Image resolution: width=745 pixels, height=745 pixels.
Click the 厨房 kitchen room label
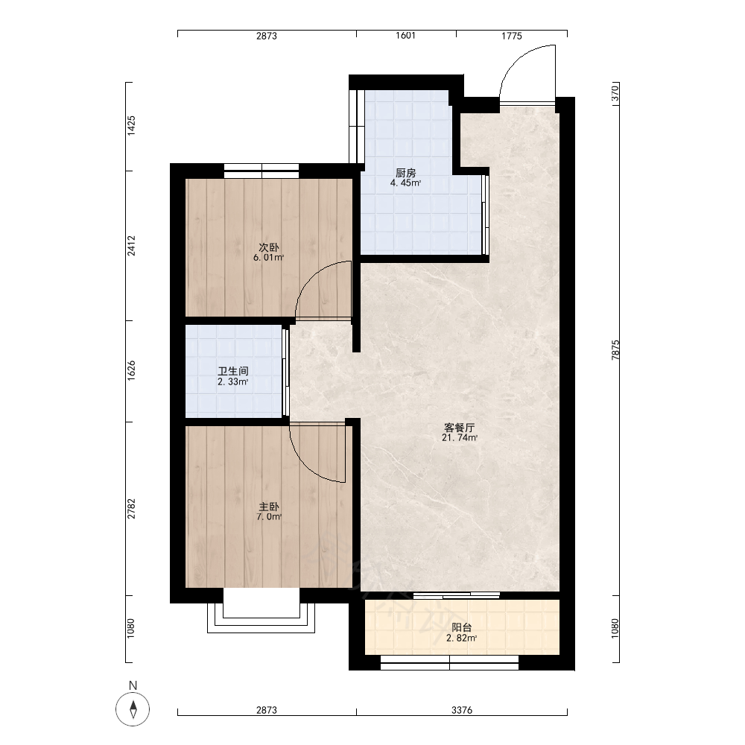(x=406, y=173)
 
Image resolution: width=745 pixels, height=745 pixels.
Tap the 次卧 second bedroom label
(x=269, y=247)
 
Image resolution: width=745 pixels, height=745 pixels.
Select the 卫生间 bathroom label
(x=232, y=371)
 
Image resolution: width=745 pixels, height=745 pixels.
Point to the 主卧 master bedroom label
(x=269, y=507)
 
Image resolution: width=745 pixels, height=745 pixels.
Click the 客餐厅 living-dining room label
(x=460, y=428)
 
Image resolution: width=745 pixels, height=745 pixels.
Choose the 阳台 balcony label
(x=461, y=628)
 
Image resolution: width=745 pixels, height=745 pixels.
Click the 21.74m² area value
(x=460, y=438)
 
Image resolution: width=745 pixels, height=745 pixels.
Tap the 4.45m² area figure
(x=406, y=183)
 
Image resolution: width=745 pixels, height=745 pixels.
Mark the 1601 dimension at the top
(x=406, y=36)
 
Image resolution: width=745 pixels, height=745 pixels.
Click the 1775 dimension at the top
(x=512, y=36)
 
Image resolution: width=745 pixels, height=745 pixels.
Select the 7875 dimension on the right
(x=616, y=350)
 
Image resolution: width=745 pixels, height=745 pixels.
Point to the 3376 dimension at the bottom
(x=462, y=710)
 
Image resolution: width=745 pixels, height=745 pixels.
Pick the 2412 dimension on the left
(x=131, y=246)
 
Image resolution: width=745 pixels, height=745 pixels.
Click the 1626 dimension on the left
(x=131, y=370)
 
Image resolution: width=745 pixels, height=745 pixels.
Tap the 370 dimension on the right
(x=616, y=92)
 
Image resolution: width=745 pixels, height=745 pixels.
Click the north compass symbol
(x=133, y=709)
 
